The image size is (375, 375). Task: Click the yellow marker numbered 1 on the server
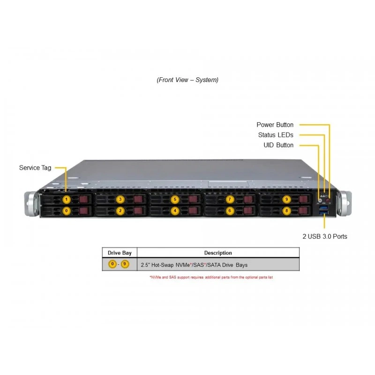click(67, 199)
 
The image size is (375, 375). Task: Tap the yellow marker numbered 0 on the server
click(67, 210)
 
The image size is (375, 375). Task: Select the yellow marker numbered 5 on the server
click(175, 199)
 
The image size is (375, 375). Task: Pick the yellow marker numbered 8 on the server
click(286, 210)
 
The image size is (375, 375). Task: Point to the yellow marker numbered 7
click(230, 199)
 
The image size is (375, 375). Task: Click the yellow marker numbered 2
click(120, 210)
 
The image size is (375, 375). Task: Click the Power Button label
click(275, 125)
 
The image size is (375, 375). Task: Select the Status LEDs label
click(276, 135)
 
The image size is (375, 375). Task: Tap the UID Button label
click(278, 145)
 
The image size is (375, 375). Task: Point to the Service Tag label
click(35, 168)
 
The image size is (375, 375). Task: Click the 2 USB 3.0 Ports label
click(325, 236)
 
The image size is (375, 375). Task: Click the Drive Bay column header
click(120, 253)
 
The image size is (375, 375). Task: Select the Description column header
click(218, 253)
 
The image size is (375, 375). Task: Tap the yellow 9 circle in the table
click(125, 264)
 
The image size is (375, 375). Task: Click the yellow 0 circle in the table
click(112, 264)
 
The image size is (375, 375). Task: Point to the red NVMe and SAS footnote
click(211, 277)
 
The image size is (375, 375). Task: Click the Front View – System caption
click(187, 80)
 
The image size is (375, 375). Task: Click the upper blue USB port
click(323, 207)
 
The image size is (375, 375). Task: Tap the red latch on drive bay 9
click(303, 199)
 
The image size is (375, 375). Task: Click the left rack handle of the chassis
click(31, 204)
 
